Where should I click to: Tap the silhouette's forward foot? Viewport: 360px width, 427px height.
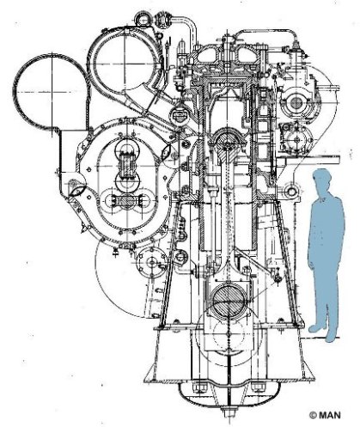[316, 328]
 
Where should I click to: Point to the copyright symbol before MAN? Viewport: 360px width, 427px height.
[313, 415]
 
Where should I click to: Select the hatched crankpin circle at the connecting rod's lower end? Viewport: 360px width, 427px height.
[229, 302]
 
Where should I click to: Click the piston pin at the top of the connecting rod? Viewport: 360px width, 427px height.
[229, 141]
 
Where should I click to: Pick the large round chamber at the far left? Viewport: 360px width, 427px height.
[51, 92]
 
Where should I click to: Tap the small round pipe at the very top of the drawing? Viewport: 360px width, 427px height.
[143, 19]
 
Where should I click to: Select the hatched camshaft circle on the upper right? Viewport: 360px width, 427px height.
[296, 103]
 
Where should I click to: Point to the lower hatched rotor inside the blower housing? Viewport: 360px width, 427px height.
[125, 201]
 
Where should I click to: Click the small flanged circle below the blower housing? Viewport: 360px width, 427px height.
[151, 262]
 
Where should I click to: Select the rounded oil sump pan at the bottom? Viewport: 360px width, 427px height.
[229, 397]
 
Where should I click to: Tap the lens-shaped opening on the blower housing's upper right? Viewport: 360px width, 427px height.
[167, 151]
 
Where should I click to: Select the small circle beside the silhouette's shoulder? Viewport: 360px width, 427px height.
[291, 192]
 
